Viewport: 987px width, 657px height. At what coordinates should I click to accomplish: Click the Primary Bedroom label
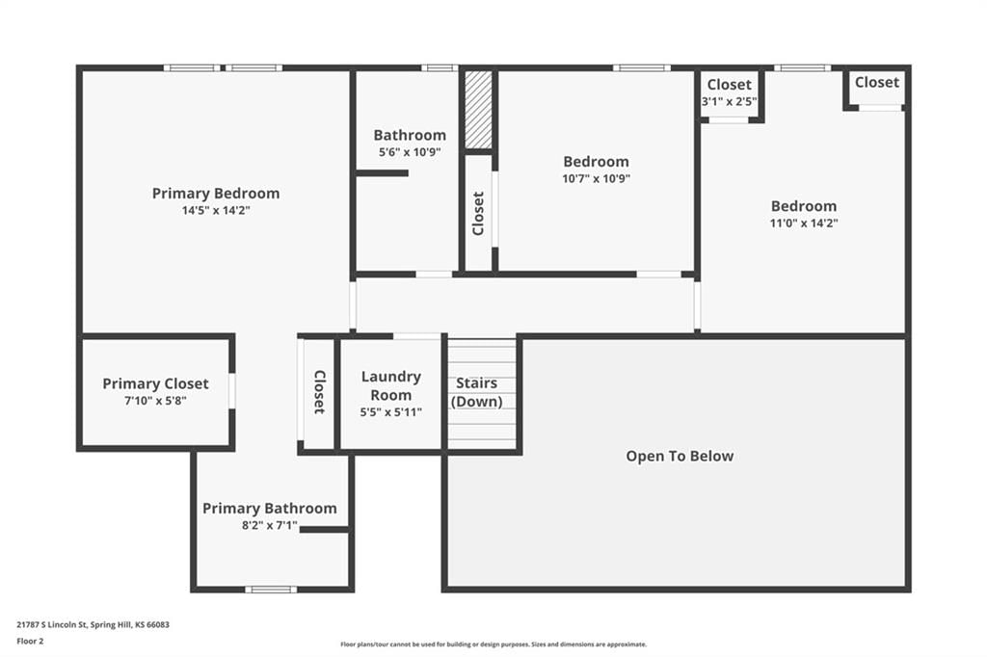pos(216,194)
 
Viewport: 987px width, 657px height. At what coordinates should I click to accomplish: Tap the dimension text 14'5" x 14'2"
pos(216,210)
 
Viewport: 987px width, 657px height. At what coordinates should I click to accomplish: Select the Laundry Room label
pos(391,385)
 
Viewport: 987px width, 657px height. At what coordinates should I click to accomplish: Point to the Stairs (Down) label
pos(476,392)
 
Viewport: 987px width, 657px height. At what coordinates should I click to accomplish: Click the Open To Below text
pos(680,457)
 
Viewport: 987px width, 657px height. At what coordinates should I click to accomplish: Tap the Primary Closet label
pos(155,383)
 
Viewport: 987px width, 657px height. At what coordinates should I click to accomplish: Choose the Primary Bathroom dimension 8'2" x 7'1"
pos(270,525)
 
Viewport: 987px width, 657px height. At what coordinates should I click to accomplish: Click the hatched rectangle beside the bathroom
pos(478,110)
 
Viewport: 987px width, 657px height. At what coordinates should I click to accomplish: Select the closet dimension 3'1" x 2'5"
pos(730,101)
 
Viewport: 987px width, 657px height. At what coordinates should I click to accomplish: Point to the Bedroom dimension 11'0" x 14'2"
pos(804,223)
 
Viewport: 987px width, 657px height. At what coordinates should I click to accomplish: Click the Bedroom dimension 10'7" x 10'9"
pos(596,179)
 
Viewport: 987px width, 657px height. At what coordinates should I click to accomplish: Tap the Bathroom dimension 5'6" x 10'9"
pos(410,152)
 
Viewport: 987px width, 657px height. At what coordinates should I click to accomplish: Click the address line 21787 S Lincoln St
pos(93,625)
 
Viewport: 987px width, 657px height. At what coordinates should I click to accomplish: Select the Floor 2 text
pos(30,642)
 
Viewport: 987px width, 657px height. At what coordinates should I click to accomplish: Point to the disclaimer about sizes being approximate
pos(493,644)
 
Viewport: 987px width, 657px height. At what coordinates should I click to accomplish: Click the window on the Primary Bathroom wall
pos(271,590)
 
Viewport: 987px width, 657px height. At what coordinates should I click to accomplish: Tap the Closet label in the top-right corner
pos(877,83)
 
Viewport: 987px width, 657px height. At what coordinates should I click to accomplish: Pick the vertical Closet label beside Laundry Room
pos(319,391)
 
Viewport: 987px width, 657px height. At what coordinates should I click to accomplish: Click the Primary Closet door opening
pos(231,391)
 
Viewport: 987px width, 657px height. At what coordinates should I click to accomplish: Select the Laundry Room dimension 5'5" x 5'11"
pos(391,413)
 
